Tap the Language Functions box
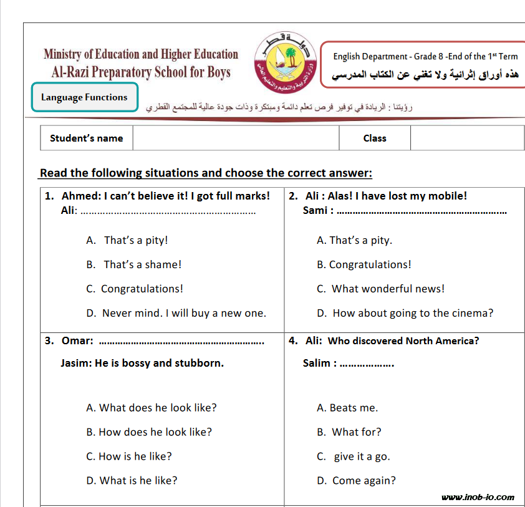[84, 97]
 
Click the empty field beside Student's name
[236, 138]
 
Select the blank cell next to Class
[466, 138]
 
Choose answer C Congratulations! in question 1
[135, 289]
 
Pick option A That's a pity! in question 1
[127, 240]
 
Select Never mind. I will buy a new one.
[176, 313]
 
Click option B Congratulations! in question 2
[364, 264]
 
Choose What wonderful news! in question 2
[381, 289]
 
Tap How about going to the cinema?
[405, 313]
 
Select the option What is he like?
[132, 480]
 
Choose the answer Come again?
[357, 480]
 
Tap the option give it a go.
[354, 456]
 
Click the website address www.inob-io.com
[478, 497]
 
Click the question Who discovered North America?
[403, 340]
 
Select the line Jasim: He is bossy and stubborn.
[142, 363]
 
